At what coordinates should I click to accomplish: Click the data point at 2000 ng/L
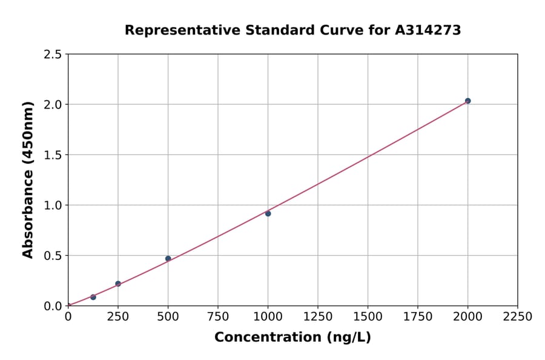467,101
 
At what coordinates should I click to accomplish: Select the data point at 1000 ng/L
268,213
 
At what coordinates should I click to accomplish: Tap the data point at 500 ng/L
168,259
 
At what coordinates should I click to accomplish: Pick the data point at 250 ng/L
118,284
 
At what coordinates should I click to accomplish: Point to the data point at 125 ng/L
93,297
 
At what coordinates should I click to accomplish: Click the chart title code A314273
429,30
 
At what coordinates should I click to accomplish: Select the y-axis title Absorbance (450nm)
28,180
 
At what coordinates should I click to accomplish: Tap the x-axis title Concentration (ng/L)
292,337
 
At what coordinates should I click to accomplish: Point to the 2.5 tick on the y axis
53,55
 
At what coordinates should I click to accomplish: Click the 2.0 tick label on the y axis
53,105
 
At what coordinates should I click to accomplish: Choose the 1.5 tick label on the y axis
53,155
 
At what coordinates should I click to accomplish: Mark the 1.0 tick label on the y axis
53,205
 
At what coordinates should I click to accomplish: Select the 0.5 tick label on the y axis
53,256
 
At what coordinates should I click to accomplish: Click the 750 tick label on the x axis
218,316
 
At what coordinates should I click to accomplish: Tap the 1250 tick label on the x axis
318,316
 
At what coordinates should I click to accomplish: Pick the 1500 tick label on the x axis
368,316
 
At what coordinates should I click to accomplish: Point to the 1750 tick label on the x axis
418,316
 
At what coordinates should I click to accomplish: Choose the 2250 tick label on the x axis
518,316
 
